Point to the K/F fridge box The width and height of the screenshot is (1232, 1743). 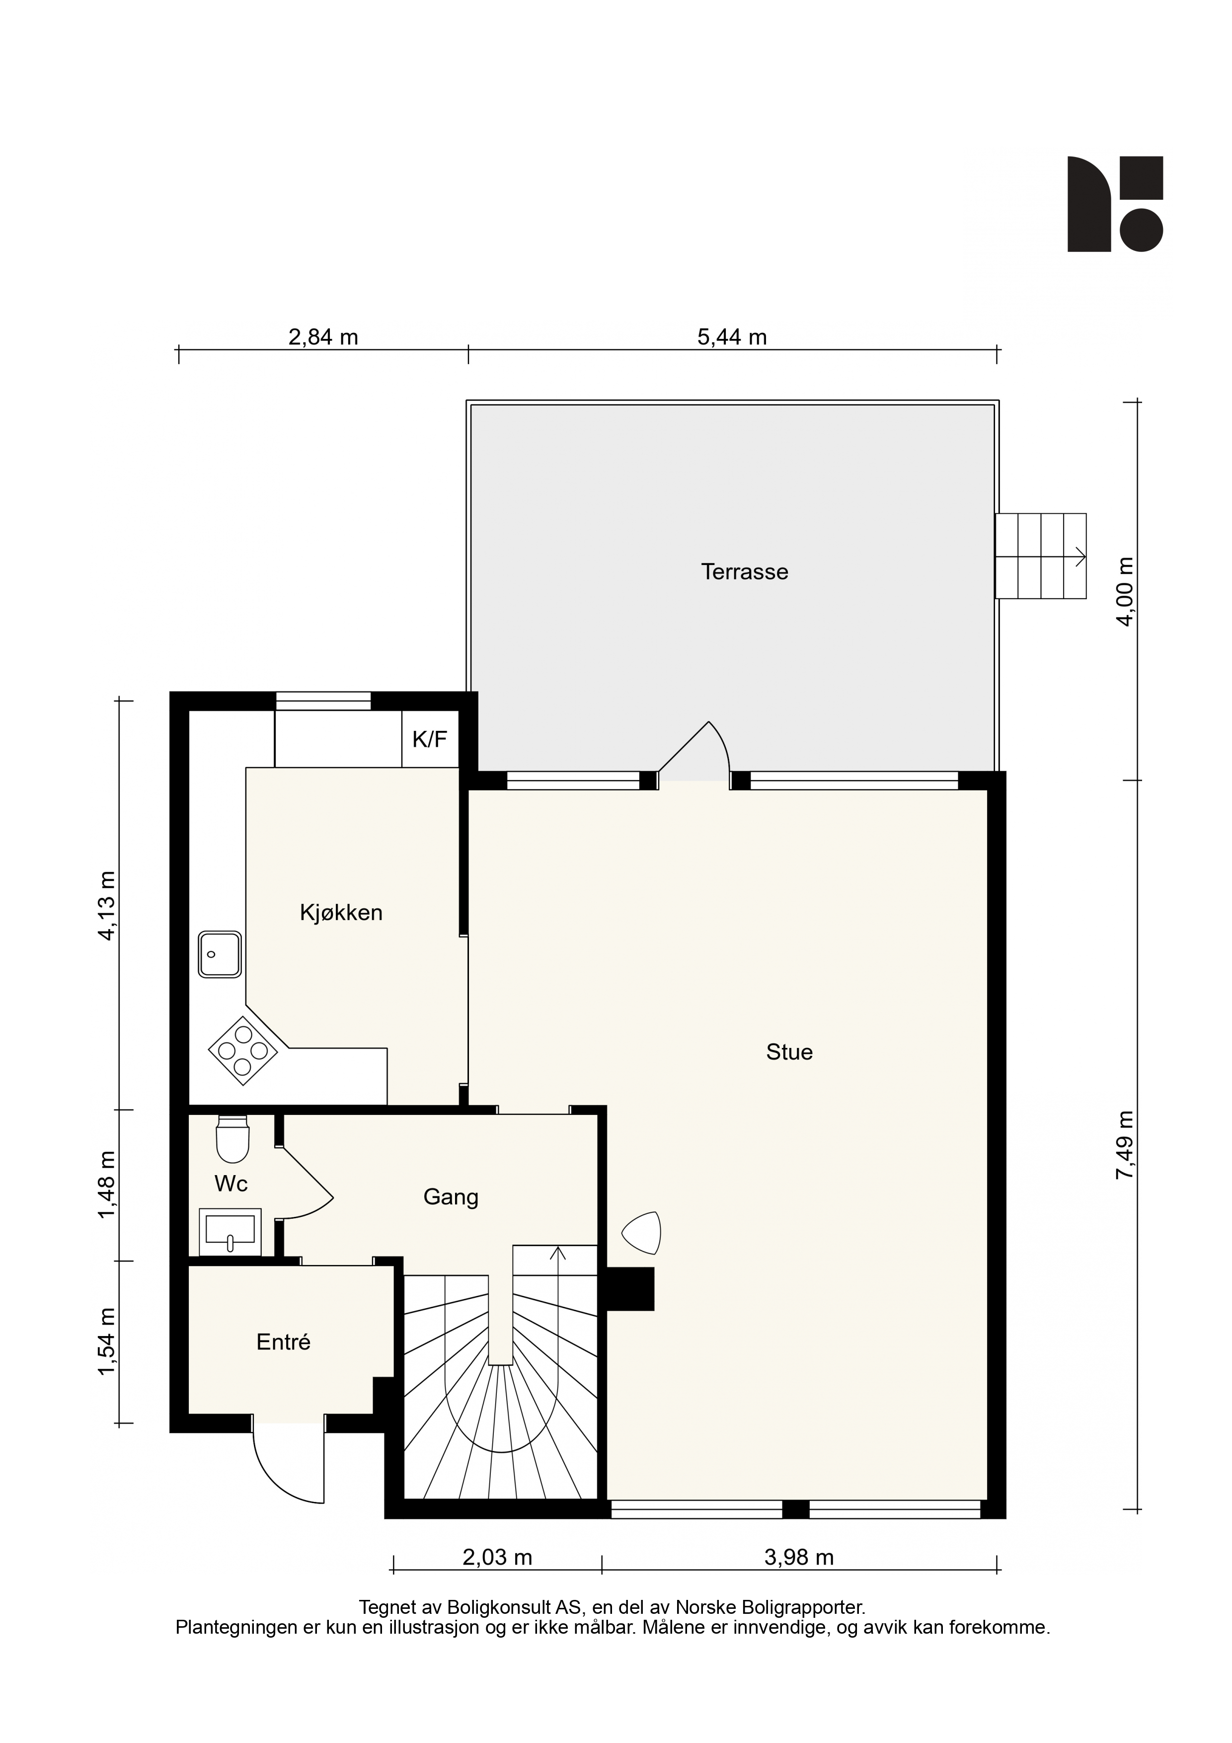[x=430, y=739]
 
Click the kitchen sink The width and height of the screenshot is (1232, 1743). [x=220, y=954]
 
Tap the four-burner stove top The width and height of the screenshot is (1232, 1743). [x=243, y=1051]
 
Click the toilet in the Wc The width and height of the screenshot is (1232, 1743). [x=232, y=1139]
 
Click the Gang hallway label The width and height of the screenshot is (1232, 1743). [x=451, y=1197]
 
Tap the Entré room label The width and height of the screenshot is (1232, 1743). [x=283, y=1342]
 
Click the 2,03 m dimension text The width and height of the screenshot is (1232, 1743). [x=497, y=1558]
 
